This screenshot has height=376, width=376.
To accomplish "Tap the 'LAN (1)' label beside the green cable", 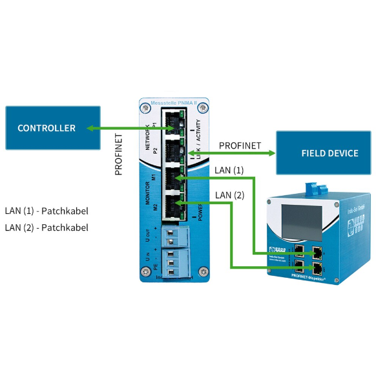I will pyautogui.click(x=229, y=171).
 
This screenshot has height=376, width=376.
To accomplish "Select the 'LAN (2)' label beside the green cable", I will pyautogui.click(x=229, y=195).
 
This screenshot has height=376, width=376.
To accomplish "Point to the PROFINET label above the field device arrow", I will pyautogui.click(x=240, y=145).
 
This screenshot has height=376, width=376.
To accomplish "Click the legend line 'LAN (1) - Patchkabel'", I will pyautogui.click(x=47, y=211).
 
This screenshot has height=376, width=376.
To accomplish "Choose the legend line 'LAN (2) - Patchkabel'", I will pyautogui.click(x=47, y=227).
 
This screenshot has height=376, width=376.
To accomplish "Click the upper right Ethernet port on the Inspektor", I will pyautogui.click(x=317, y=250).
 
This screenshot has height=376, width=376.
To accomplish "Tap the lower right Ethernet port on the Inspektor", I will pyautogui.click(x=317, y=267).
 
